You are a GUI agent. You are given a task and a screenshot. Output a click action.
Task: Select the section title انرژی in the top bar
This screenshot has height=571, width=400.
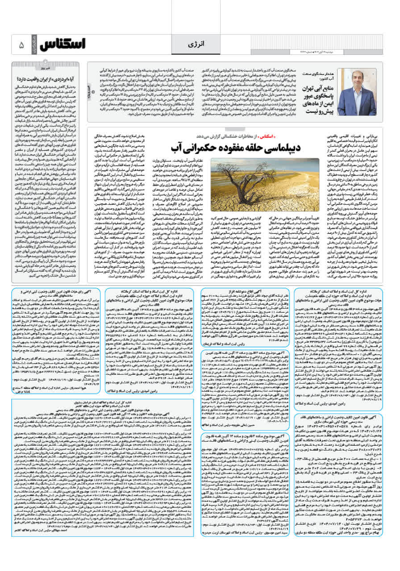coord(199,45)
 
